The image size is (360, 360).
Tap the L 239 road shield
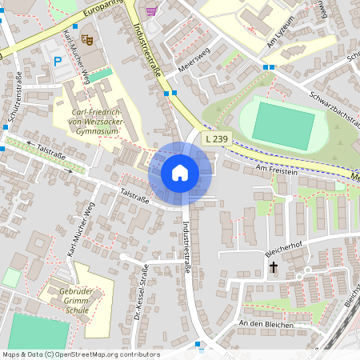pos(217,139)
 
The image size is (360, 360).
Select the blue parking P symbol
pos(56,61)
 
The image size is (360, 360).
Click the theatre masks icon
pos(86,38)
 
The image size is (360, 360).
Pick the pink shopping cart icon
pos(151,10)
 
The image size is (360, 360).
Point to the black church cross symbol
pos(273,267)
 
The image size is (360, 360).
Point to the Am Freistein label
pos(276,170)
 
